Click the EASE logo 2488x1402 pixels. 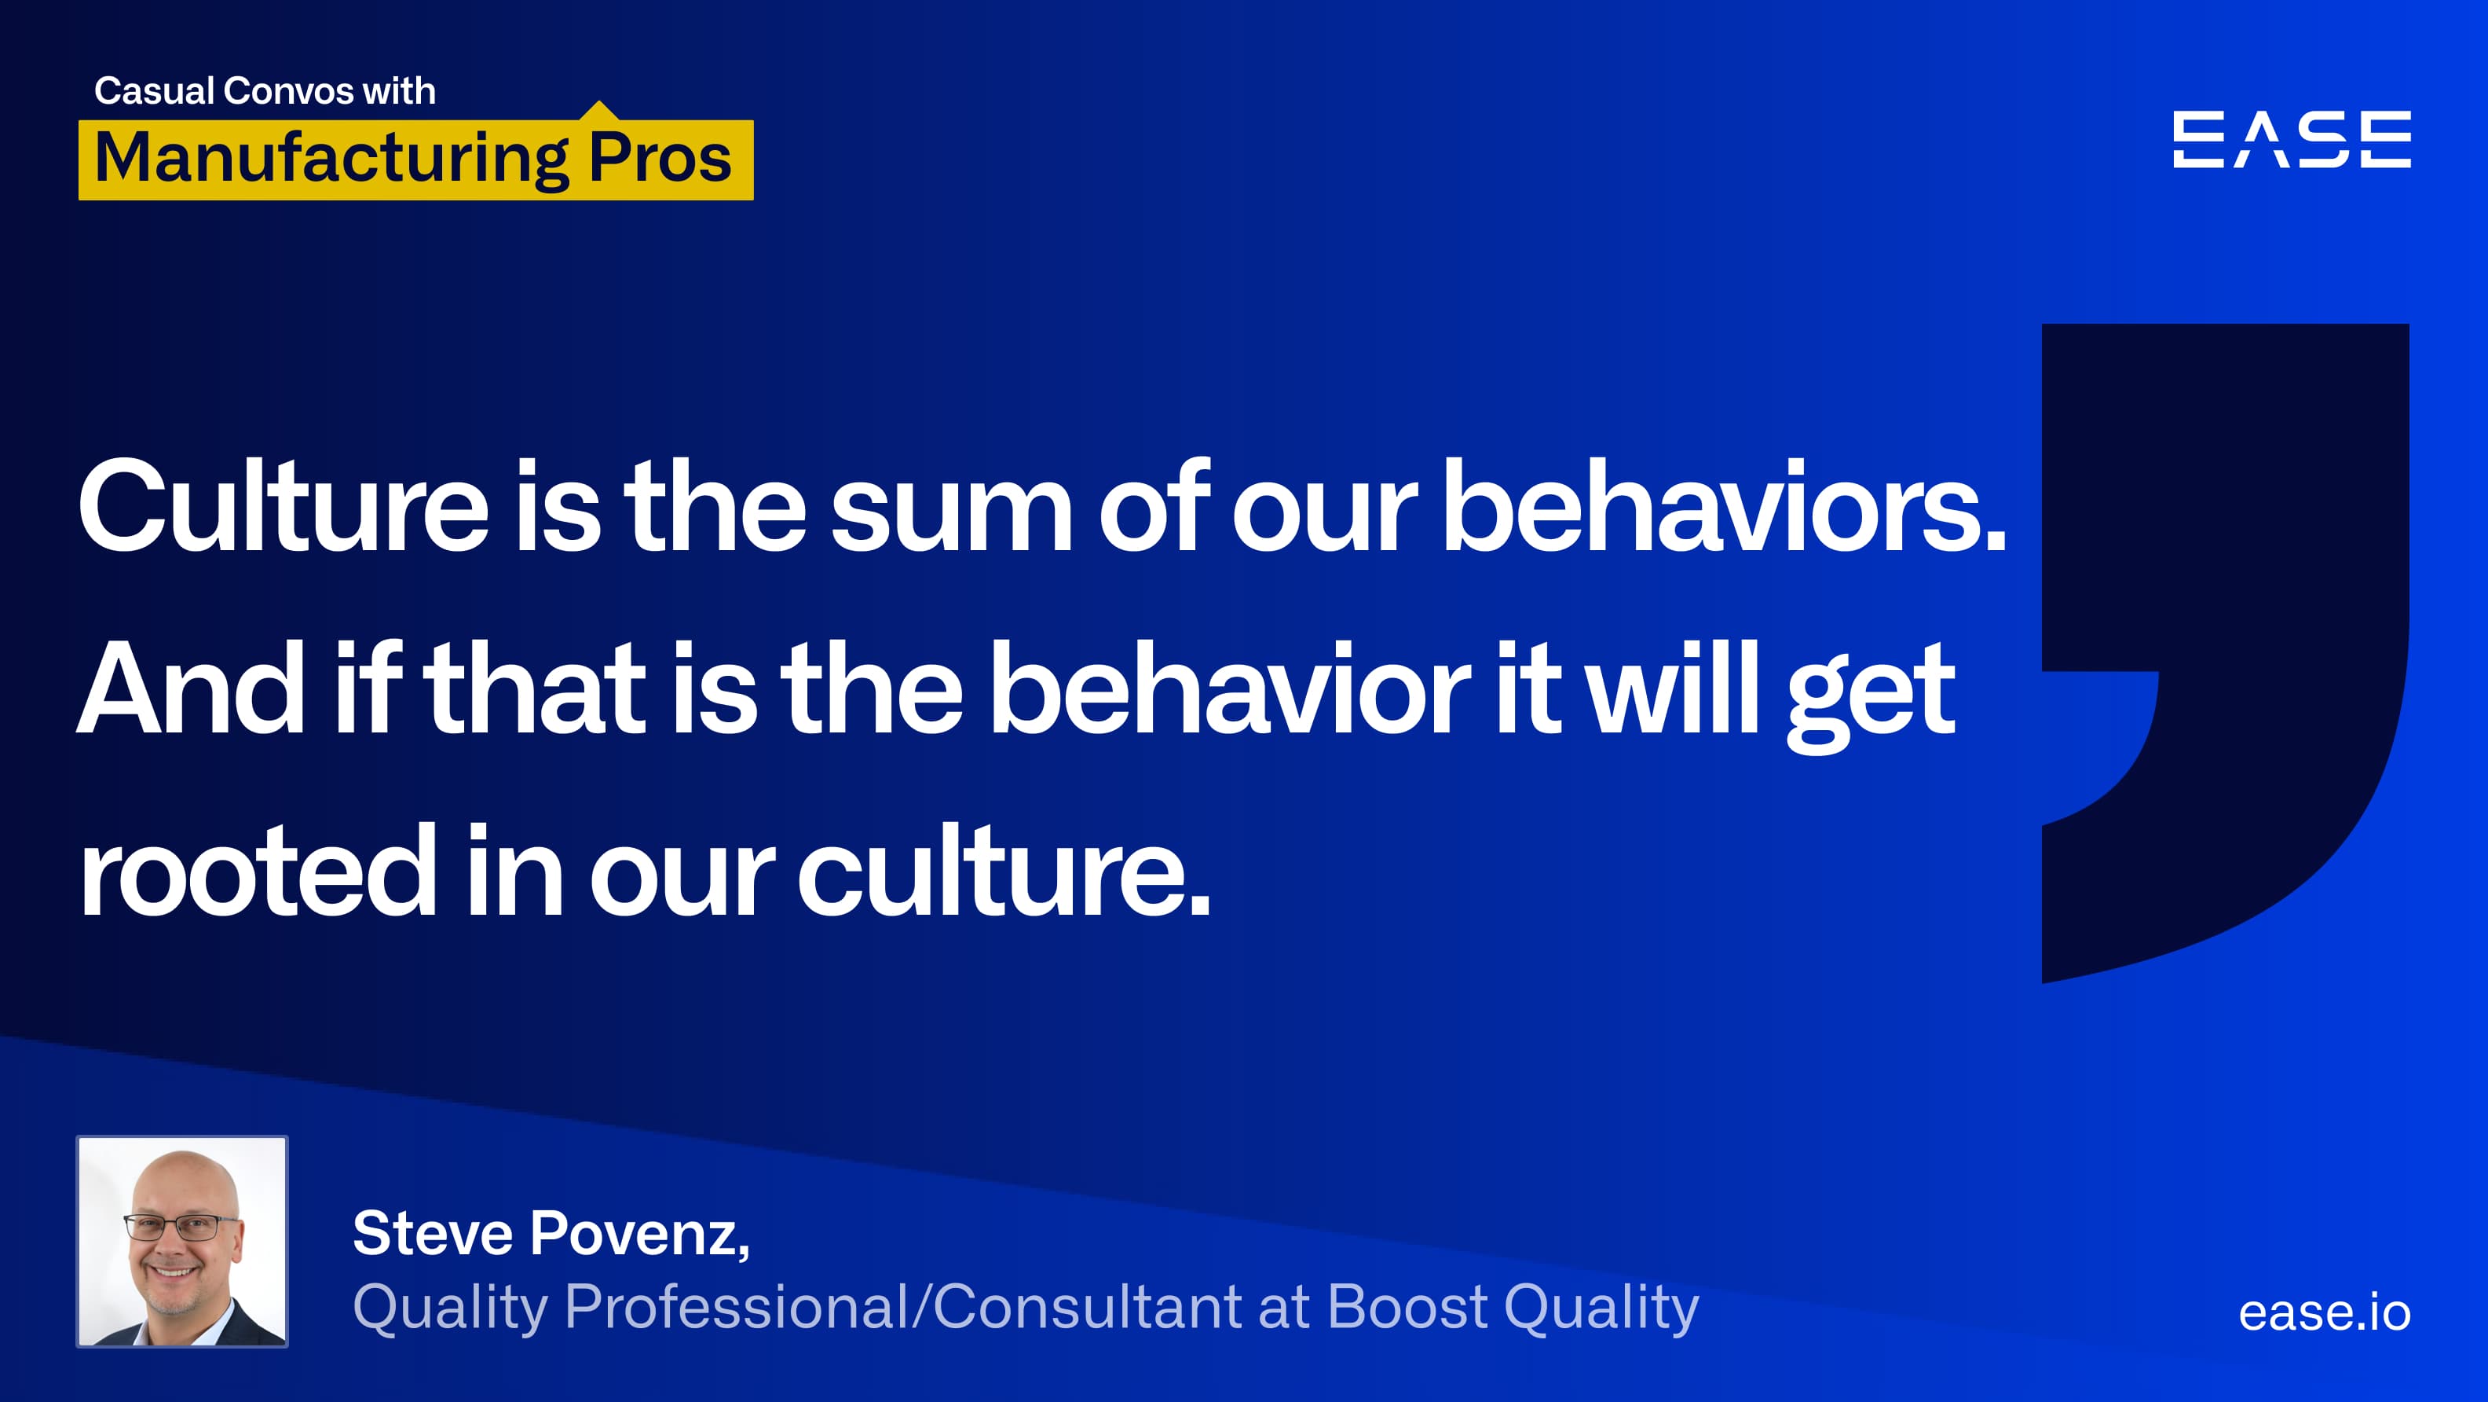pyautogui.click(x=2291, y=139)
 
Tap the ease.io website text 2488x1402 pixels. pyautogui.click(x=2324, y=1312)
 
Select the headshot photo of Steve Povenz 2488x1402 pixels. pyautogui.click(x=182, y=1242)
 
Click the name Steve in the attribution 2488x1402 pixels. pyautogui.click(x=432, y=1234)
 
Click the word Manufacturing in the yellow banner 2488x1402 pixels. pyautogui.click(x=331, y=159)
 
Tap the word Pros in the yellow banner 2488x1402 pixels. pyautogui.click(x=660, y=159)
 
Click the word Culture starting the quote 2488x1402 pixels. pyautogui.click(x=283, y=507)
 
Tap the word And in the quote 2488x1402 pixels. pyautogui.click(x=190, y=690)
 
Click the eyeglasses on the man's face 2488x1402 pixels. pyautogui.click(x=182, y=1227)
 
